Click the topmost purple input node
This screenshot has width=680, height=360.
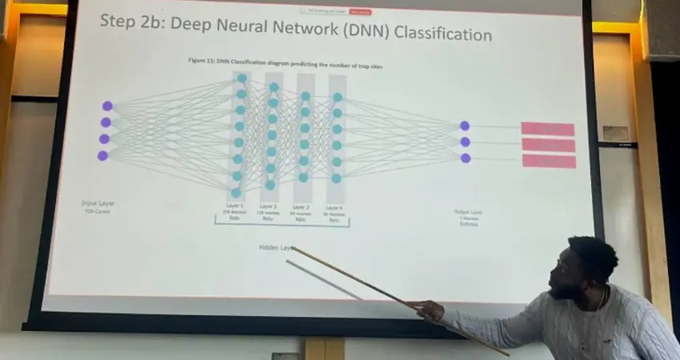[107, 106]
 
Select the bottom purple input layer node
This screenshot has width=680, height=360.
[102, 155]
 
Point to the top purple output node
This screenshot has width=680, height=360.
[465, 126]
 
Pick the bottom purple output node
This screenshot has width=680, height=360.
[466, 158]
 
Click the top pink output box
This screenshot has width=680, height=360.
[548, 129]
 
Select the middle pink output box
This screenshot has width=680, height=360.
[549, 145]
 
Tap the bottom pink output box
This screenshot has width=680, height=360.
[550, 161]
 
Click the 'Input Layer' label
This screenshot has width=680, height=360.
[98, 203]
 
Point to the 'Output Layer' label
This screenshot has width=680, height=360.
[468, 212]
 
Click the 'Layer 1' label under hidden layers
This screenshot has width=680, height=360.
[234, 206]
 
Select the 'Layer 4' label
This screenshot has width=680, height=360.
[334, 207]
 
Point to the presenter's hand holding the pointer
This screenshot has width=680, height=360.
[427, 309]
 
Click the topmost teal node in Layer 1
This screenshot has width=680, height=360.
[242, 78]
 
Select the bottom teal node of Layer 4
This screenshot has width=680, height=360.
[337, 178]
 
